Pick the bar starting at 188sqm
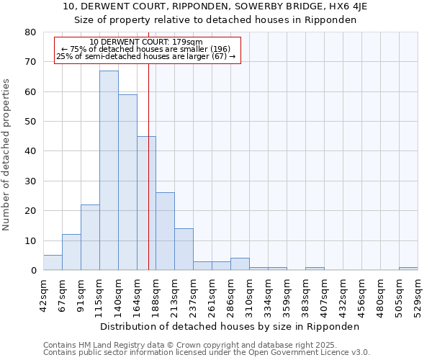(x=165, y=231)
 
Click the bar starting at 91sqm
(x=90, y=238)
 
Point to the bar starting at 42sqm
(x=53, y=263)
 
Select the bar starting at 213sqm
(x=184, y=249)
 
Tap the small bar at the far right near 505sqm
(x=408, y=269)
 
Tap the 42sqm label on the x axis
(x=43, y=294)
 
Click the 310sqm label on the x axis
(x=249, y=294)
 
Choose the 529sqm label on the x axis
(x=418, y=294)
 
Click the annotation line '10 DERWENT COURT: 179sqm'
(x=146, y=42)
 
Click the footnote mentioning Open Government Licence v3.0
(x=207, y=353)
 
